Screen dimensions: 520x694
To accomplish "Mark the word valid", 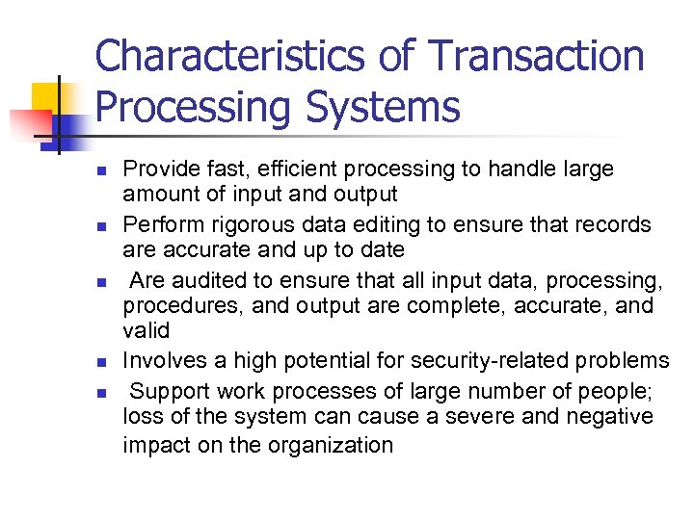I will pos(146,331).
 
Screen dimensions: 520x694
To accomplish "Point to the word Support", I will pos(166,391).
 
